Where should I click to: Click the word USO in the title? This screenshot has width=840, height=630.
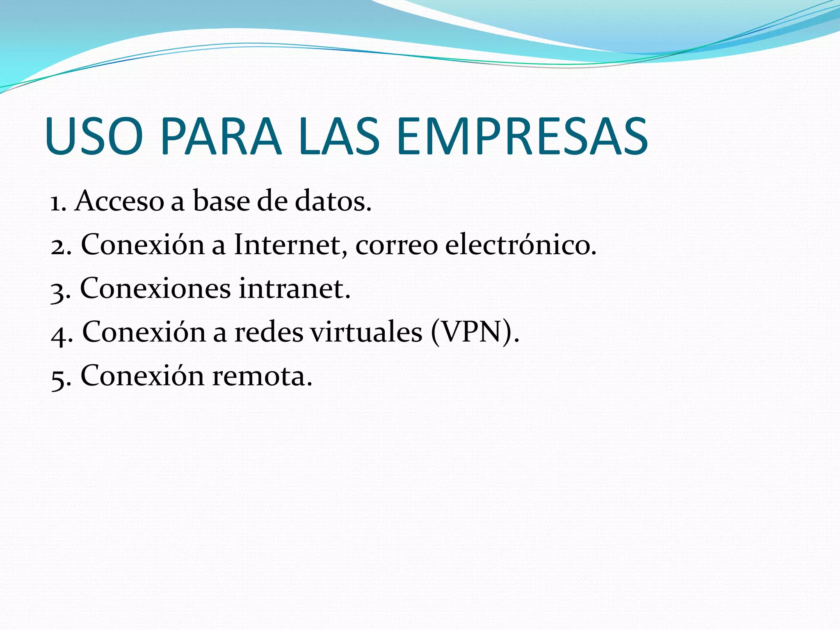[94, 137]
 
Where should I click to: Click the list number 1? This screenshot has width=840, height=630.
[57, 202]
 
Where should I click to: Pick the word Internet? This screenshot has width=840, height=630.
[287, 245]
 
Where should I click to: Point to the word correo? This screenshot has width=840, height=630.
[397, 246]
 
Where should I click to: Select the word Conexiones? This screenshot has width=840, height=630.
[155, 288]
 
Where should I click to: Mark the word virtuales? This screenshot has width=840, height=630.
[366, 332]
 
